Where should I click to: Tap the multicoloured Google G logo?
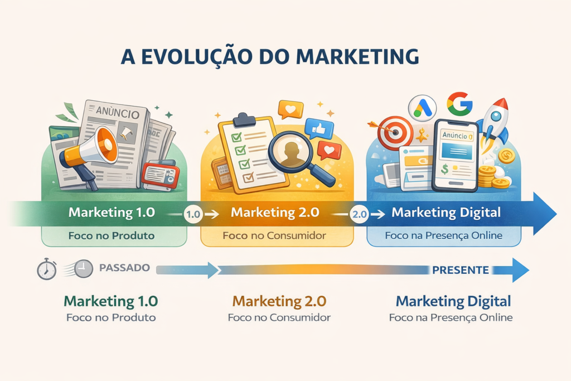pyautogui.click(x=459, y=103)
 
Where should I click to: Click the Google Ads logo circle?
pyautogui.click(x=422, y=108)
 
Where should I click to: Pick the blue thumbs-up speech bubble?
pyautogui.click(x=318, y=128)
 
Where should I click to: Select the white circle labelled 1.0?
pyautogui.click(x=193, y=214)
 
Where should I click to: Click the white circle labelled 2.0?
pyautogui.click(x=360, y=214)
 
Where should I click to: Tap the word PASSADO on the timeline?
pyautogui.click(x=124, y=268)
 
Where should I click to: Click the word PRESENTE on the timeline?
pyautogui.click(x=460, y=270)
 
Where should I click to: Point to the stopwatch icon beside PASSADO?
pyautogui.click(x=47, y=269)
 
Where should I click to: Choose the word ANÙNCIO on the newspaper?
pyautogui.click(x=118, y=112)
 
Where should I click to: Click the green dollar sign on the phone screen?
pyautogui.click(x=444, y=169)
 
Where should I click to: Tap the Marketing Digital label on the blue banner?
pyautogui.click(x=446, y=213)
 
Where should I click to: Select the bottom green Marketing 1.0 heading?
pyautogui.click(x=111, y=301)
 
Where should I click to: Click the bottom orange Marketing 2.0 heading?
pyautogui.click(x=279, y=301)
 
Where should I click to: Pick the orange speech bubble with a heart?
pyautogui.click(x=291, y=109)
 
